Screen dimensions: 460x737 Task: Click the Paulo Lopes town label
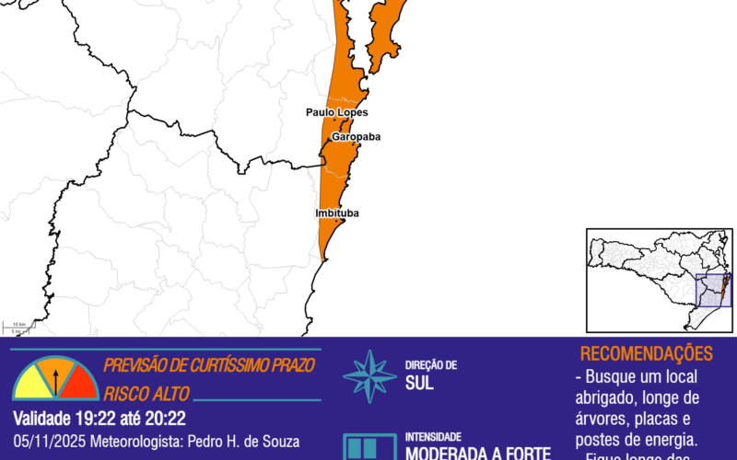click(x=337, y=112)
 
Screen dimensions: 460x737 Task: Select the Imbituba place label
click(x=337, y=213)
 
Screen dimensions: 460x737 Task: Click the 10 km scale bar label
click(x=18, y=325)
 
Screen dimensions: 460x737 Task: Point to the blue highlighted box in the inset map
click(x=713, y=292)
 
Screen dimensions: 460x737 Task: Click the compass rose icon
click(x=369, y=375)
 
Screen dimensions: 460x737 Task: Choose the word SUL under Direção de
click(x=419, y=384)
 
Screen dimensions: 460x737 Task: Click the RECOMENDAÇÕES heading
click(x=646, y=354)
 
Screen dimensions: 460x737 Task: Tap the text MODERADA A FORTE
click(x=478, y=453)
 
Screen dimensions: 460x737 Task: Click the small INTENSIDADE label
click(x=435, y=437)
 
